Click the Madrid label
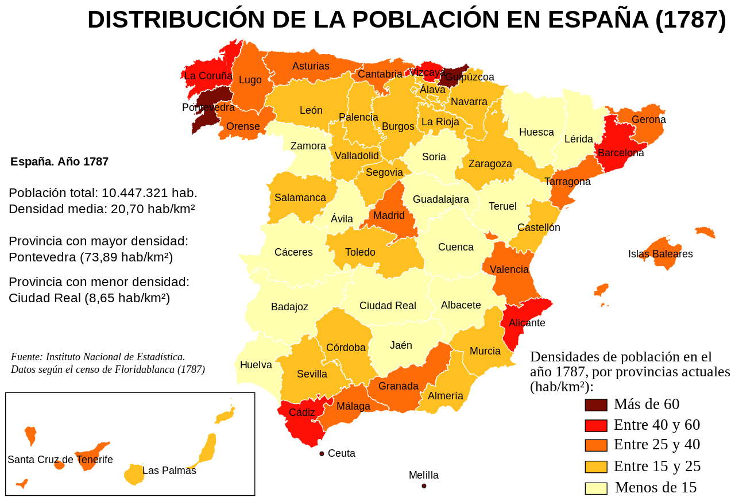(389, 215)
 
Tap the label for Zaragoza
(490, 164)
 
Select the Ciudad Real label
(388, 306)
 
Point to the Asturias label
(311, 66)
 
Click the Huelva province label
(256, 365)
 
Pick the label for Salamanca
(300, 198)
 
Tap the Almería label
(445, 396)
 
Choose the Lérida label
(578, 139)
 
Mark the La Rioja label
(440, 122)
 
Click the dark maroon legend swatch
(595, 405)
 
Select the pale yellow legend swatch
(595, 488)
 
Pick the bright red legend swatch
(595, 426)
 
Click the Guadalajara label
(440, 199)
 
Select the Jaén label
(401, 345)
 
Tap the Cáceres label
(293, 252)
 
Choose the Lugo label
(250, 80)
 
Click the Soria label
(434, 157)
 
